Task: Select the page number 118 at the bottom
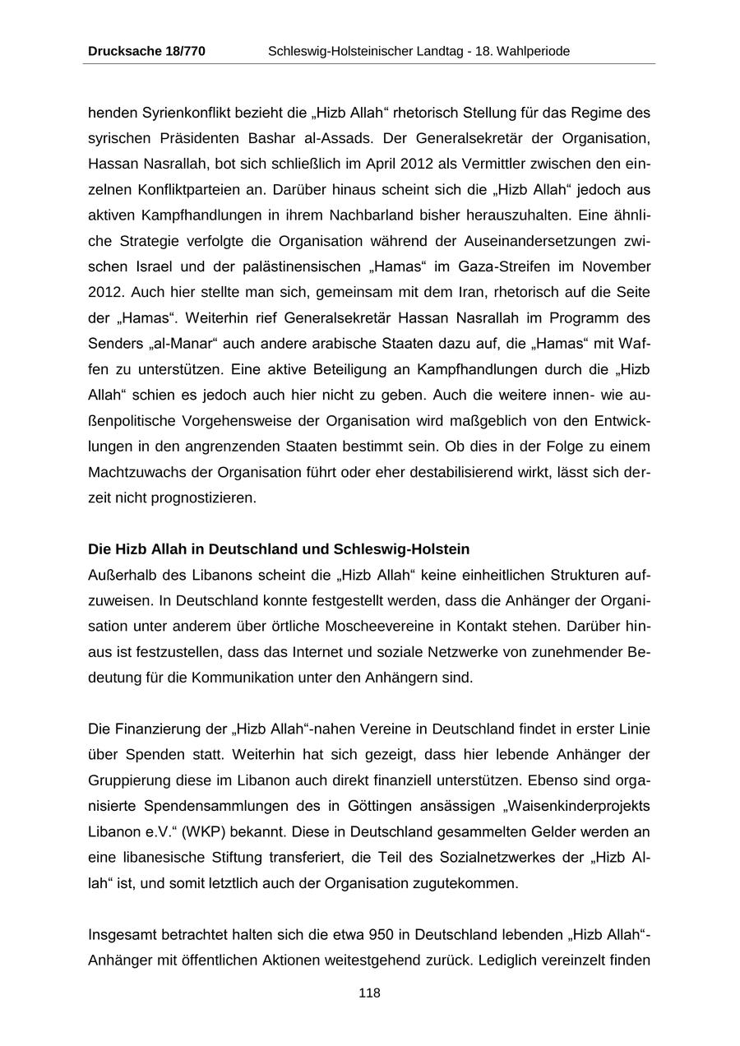[369, 993]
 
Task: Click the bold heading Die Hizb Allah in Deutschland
[279, 548]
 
